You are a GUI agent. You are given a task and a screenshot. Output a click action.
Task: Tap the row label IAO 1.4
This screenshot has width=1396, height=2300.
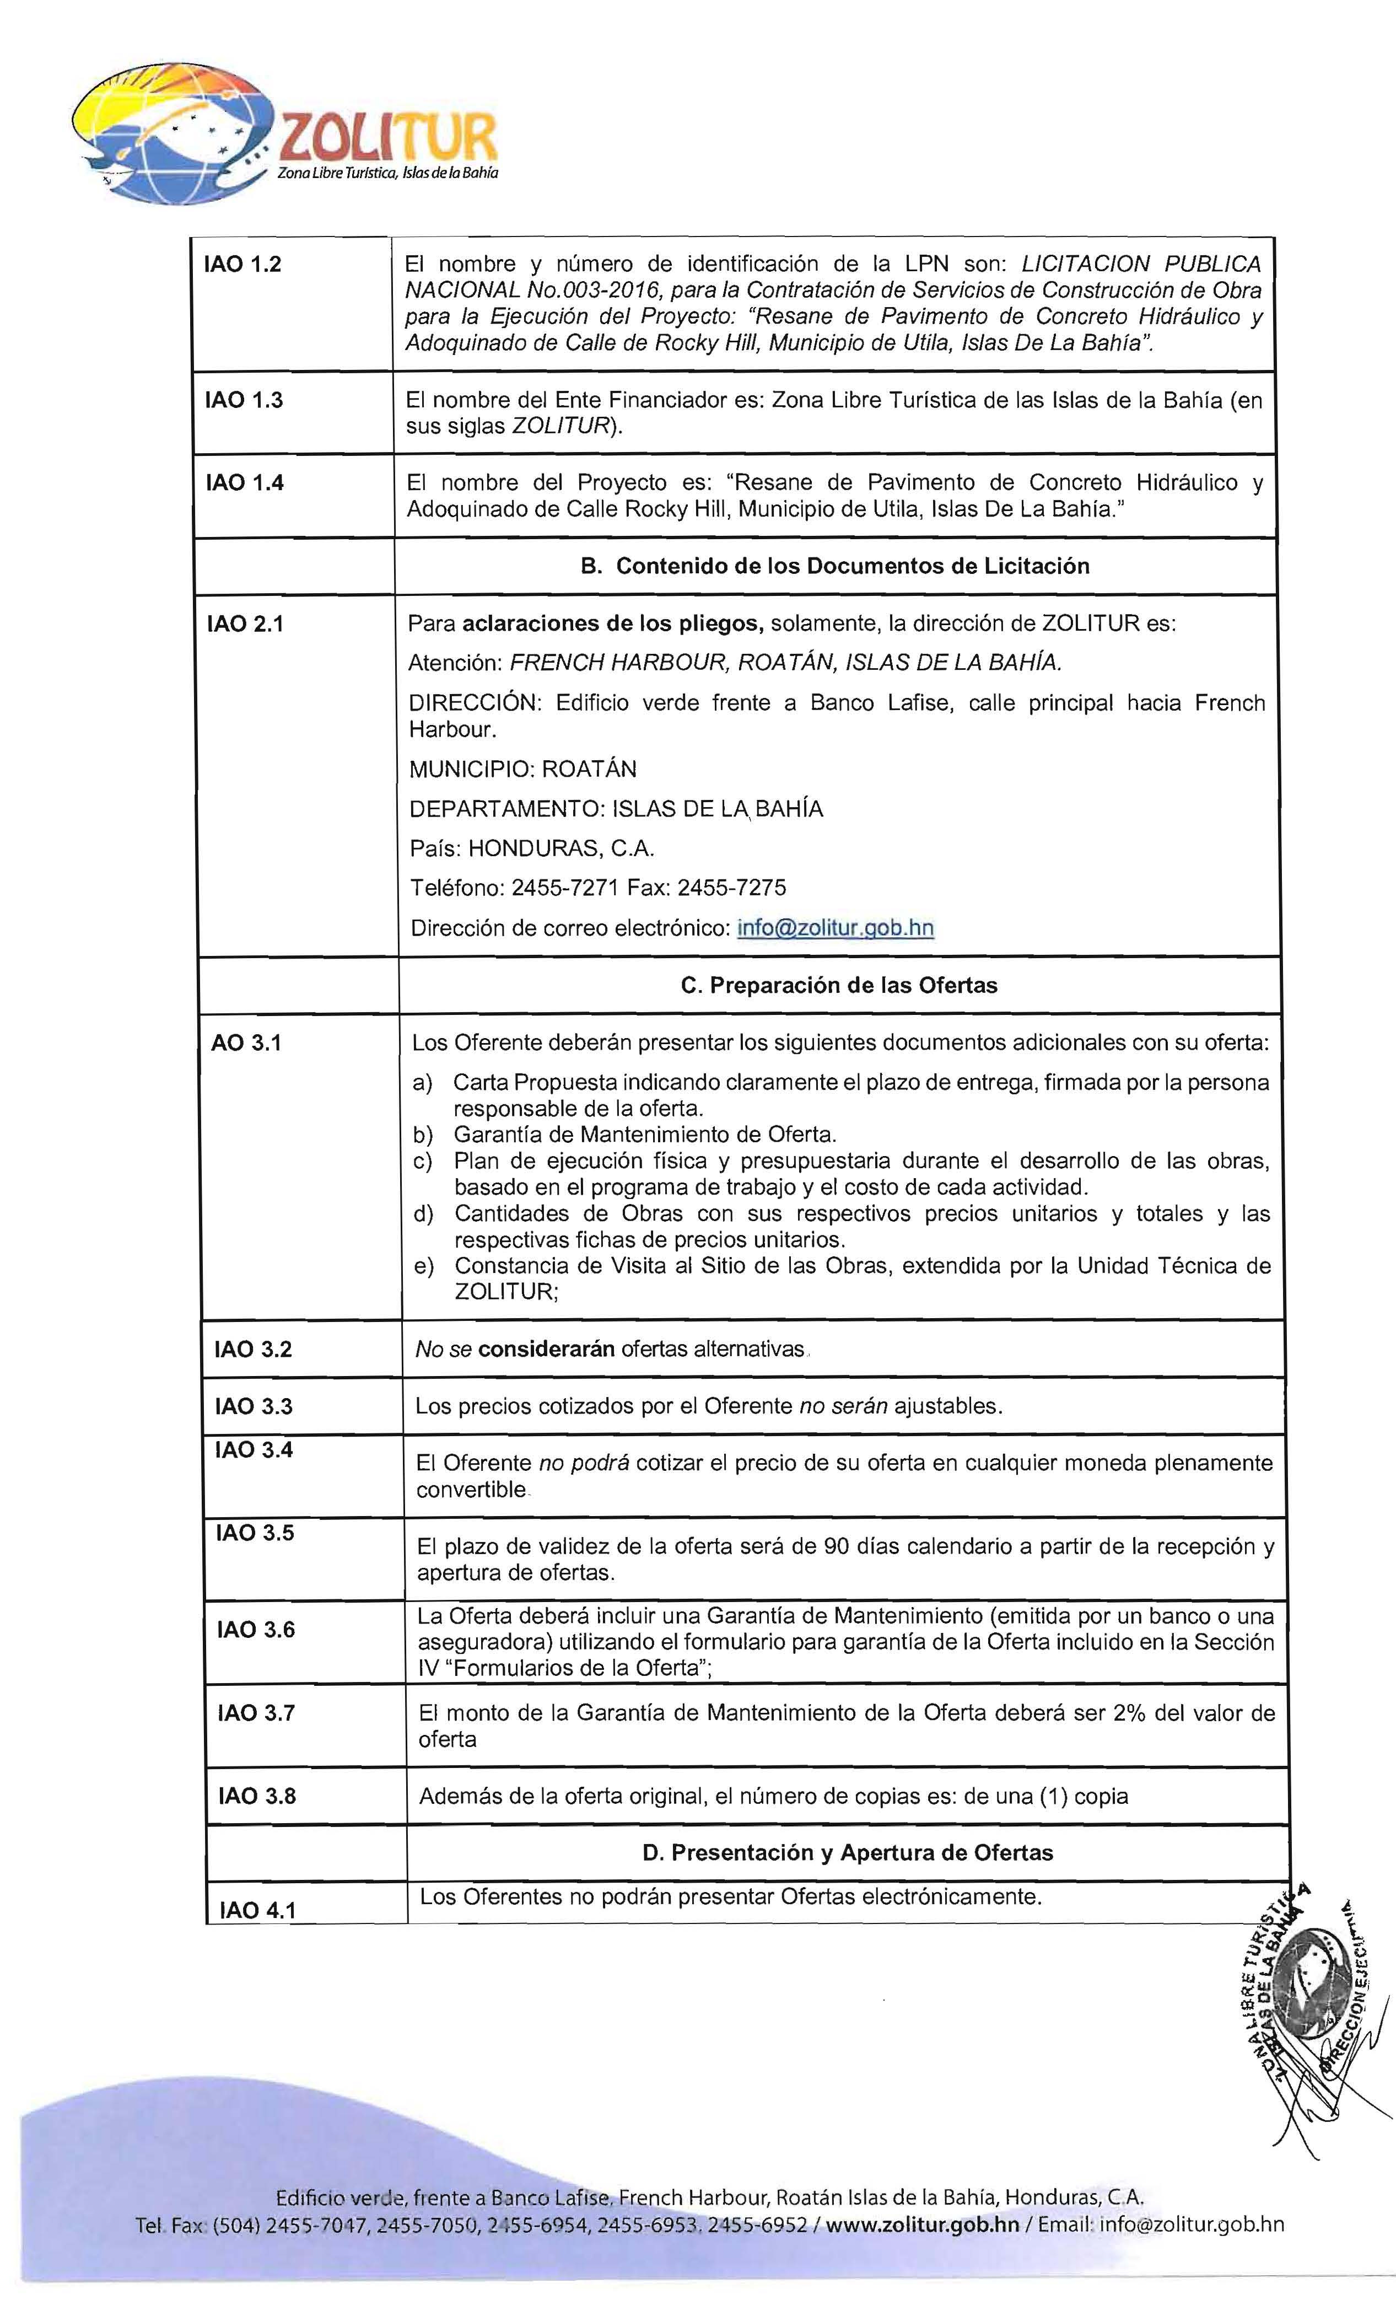pos(244,482)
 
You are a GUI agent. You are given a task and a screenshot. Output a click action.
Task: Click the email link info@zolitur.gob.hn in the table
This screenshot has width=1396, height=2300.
pos(835,928)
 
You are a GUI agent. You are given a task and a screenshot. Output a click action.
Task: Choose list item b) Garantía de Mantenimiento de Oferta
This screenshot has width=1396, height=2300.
pos(644,1135)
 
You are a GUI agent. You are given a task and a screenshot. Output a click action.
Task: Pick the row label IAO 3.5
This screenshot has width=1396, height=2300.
pos(255,1534)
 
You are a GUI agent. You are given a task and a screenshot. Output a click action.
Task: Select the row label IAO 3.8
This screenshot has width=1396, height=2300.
pos(257,1797)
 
